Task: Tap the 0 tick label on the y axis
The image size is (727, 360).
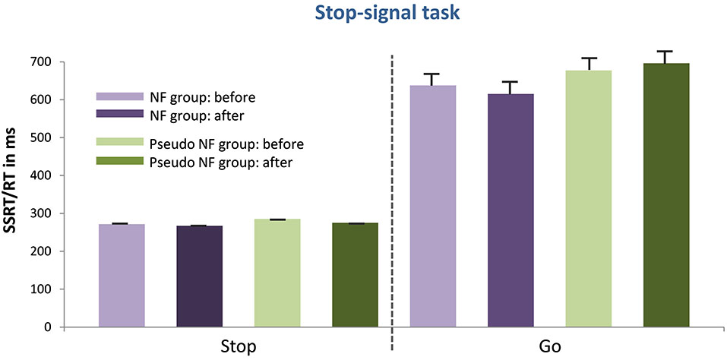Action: point(52,327)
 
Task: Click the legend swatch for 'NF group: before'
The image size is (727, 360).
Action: point(119,97)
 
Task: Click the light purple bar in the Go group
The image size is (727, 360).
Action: point(433,207)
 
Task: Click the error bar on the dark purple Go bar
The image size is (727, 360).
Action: point(510,87)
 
